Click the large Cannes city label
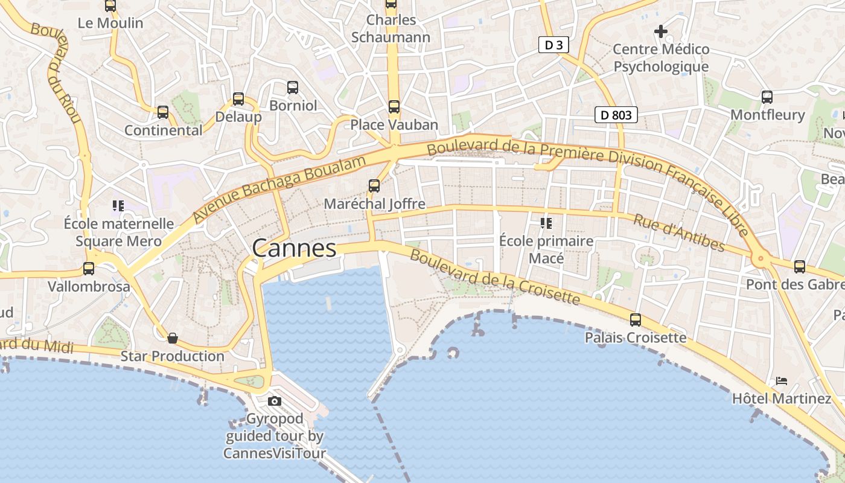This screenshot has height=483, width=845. pos(294,248)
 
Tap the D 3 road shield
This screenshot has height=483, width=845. pos(553,45)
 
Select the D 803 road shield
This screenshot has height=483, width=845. pos(616,114)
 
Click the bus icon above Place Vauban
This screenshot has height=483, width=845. pos(394,107)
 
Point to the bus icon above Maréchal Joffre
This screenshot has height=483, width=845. pos(374,186)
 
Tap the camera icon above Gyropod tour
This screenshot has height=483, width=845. pos(275,401)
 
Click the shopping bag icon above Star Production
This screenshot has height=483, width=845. pos(173,338)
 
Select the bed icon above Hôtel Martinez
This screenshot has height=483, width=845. pos(782,381)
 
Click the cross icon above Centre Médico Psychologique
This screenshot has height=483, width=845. pos(661,31)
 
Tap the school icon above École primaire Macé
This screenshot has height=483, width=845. pos(546,223)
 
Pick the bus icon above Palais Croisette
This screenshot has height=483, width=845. pos(636,319)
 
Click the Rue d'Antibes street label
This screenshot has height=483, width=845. pos(678,232)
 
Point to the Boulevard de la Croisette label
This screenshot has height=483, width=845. pos(494,277)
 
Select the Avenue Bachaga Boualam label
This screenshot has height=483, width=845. pos(280,189)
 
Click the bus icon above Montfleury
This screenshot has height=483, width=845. pos(767,97)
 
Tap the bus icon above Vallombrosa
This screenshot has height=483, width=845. pos(89,269)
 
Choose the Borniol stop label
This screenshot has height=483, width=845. pos(293,106)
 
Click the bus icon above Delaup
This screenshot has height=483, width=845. pos(238,99)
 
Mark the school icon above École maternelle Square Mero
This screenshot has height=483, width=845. pos(118,206)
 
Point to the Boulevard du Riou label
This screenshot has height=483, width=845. pos(58,72)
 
